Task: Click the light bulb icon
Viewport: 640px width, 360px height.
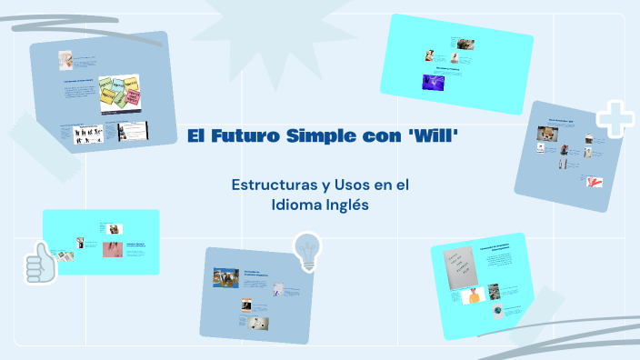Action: tap(308, 249)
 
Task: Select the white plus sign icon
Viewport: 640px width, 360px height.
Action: tap(614, 119)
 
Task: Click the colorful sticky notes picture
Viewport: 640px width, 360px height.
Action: tap(120, 94)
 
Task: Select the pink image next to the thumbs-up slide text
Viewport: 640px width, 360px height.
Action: tap(113, 248)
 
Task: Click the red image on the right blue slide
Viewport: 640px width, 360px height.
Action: tap(595, 180)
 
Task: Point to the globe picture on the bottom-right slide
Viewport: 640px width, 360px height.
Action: tap(498, 311)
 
